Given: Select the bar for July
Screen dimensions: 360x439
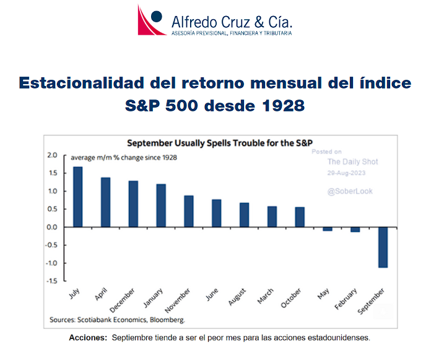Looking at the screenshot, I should pyautogui.click(x=78, y=197).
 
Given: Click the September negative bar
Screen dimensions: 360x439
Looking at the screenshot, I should pyautogui.click(x=383, y=247).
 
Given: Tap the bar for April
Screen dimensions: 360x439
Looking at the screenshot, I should pyautogui.click(x=106, y=202).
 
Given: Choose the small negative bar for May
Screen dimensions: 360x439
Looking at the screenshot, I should pyautogui.click(x=328, y=229).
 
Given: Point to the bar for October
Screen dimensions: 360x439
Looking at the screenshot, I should pyautogui.click(x=300, y=216).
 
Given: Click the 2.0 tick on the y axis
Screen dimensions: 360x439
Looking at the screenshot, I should pyautogui.click(x=52, y=155).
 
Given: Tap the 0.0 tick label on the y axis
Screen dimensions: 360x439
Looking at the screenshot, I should pyautogui.click(x=52, y=227).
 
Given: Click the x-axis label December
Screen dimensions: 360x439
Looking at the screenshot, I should pyautogui.click(x=123, y=300).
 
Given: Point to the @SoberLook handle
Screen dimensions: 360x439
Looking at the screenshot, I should pyautogui.click(x=350, y=191).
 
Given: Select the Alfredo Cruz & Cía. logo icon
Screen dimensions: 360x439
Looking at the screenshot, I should pyautogui.click(x=151, y=20).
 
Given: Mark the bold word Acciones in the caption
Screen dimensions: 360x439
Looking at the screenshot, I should pyautogui.click(x=88, y=338).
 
